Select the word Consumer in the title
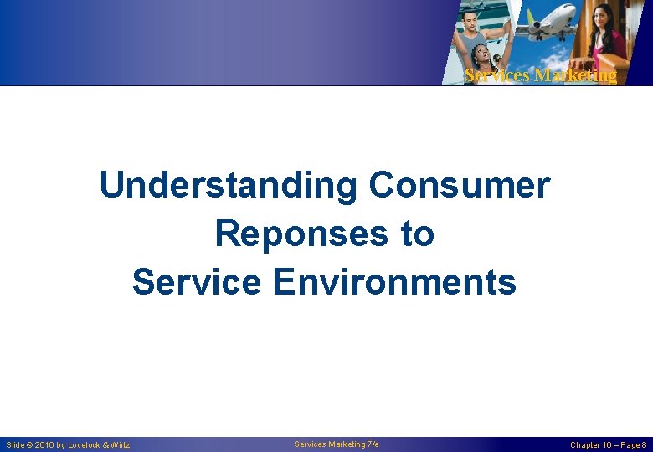(459, 186)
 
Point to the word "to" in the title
(417, 234)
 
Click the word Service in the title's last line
(196, 282)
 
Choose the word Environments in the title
(394, 282)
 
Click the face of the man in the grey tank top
(471, 18)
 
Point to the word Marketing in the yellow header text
(575, 75)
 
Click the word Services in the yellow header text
(496, 75)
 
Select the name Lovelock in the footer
(85, 445)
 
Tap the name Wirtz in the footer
(121, 445)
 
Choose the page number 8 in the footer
(644, 445)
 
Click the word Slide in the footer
(14, 445)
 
